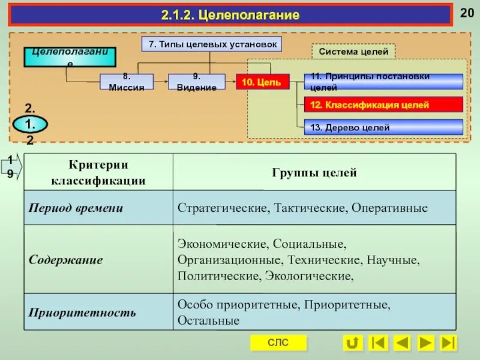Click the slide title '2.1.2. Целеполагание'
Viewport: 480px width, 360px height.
230,15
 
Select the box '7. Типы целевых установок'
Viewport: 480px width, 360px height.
211,44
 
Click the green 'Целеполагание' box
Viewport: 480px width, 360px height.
70,56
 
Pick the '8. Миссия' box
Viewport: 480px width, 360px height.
126,82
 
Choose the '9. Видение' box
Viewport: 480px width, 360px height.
196,82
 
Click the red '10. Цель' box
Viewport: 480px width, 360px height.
262,82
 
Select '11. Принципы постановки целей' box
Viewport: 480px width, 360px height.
383,82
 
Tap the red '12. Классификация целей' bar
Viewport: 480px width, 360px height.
383,105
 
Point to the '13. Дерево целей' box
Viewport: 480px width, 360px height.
383,127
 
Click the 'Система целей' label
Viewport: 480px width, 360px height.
353,52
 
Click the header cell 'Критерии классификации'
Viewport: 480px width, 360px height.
98,172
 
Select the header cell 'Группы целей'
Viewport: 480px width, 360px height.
314,173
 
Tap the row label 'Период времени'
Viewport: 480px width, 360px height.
76,208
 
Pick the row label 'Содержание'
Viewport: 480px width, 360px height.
66,260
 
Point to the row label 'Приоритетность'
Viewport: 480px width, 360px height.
83,313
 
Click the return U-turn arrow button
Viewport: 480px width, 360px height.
352,343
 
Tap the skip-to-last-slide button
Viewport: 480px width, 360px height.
448,343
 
